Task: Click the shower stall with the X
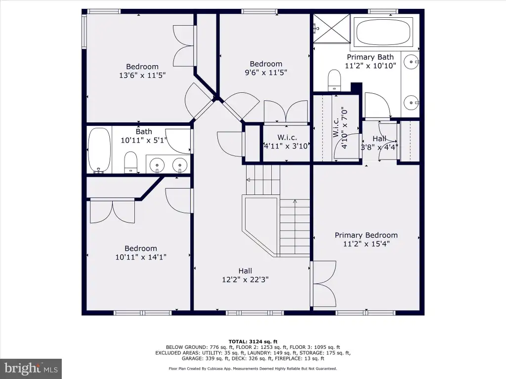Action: point(332,28)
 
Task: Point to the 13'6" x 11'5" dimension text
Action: point(142,75)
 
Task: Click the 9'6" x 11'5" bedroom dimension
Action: point(266,72)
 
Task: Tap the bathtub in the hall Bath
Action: point(99,150)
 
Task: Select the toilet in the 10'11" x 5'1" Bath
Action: point(130,162)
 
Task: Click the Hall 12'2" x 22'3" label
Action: point(245,275)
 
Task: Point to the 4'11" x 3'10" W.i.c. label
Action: point(287,142)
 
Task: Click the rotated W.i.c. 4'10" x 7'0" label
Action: point(340,128)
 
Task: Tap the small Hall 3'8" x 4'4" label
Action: point(379,143)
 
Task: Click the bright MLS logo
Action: point(31,368)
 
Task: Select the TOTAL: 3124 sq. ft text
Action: point(253,341)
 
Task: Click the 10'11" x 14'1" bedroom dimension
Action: point(141,257)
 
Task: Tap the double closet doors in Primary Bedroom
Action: point(324,284)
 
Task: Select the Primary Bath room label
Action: point(370,57)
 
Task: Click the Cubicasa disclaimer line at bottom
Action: point(253,369)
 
